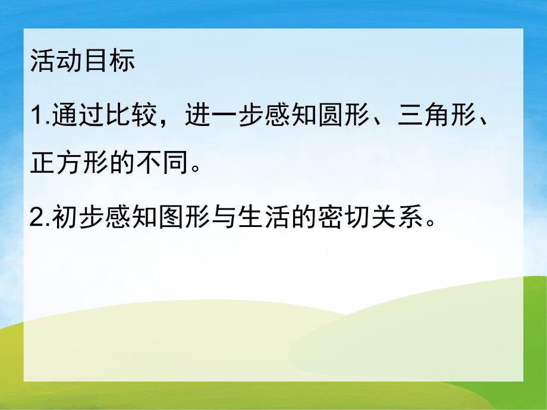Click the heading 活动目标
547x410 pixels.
tap(83, 62)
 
